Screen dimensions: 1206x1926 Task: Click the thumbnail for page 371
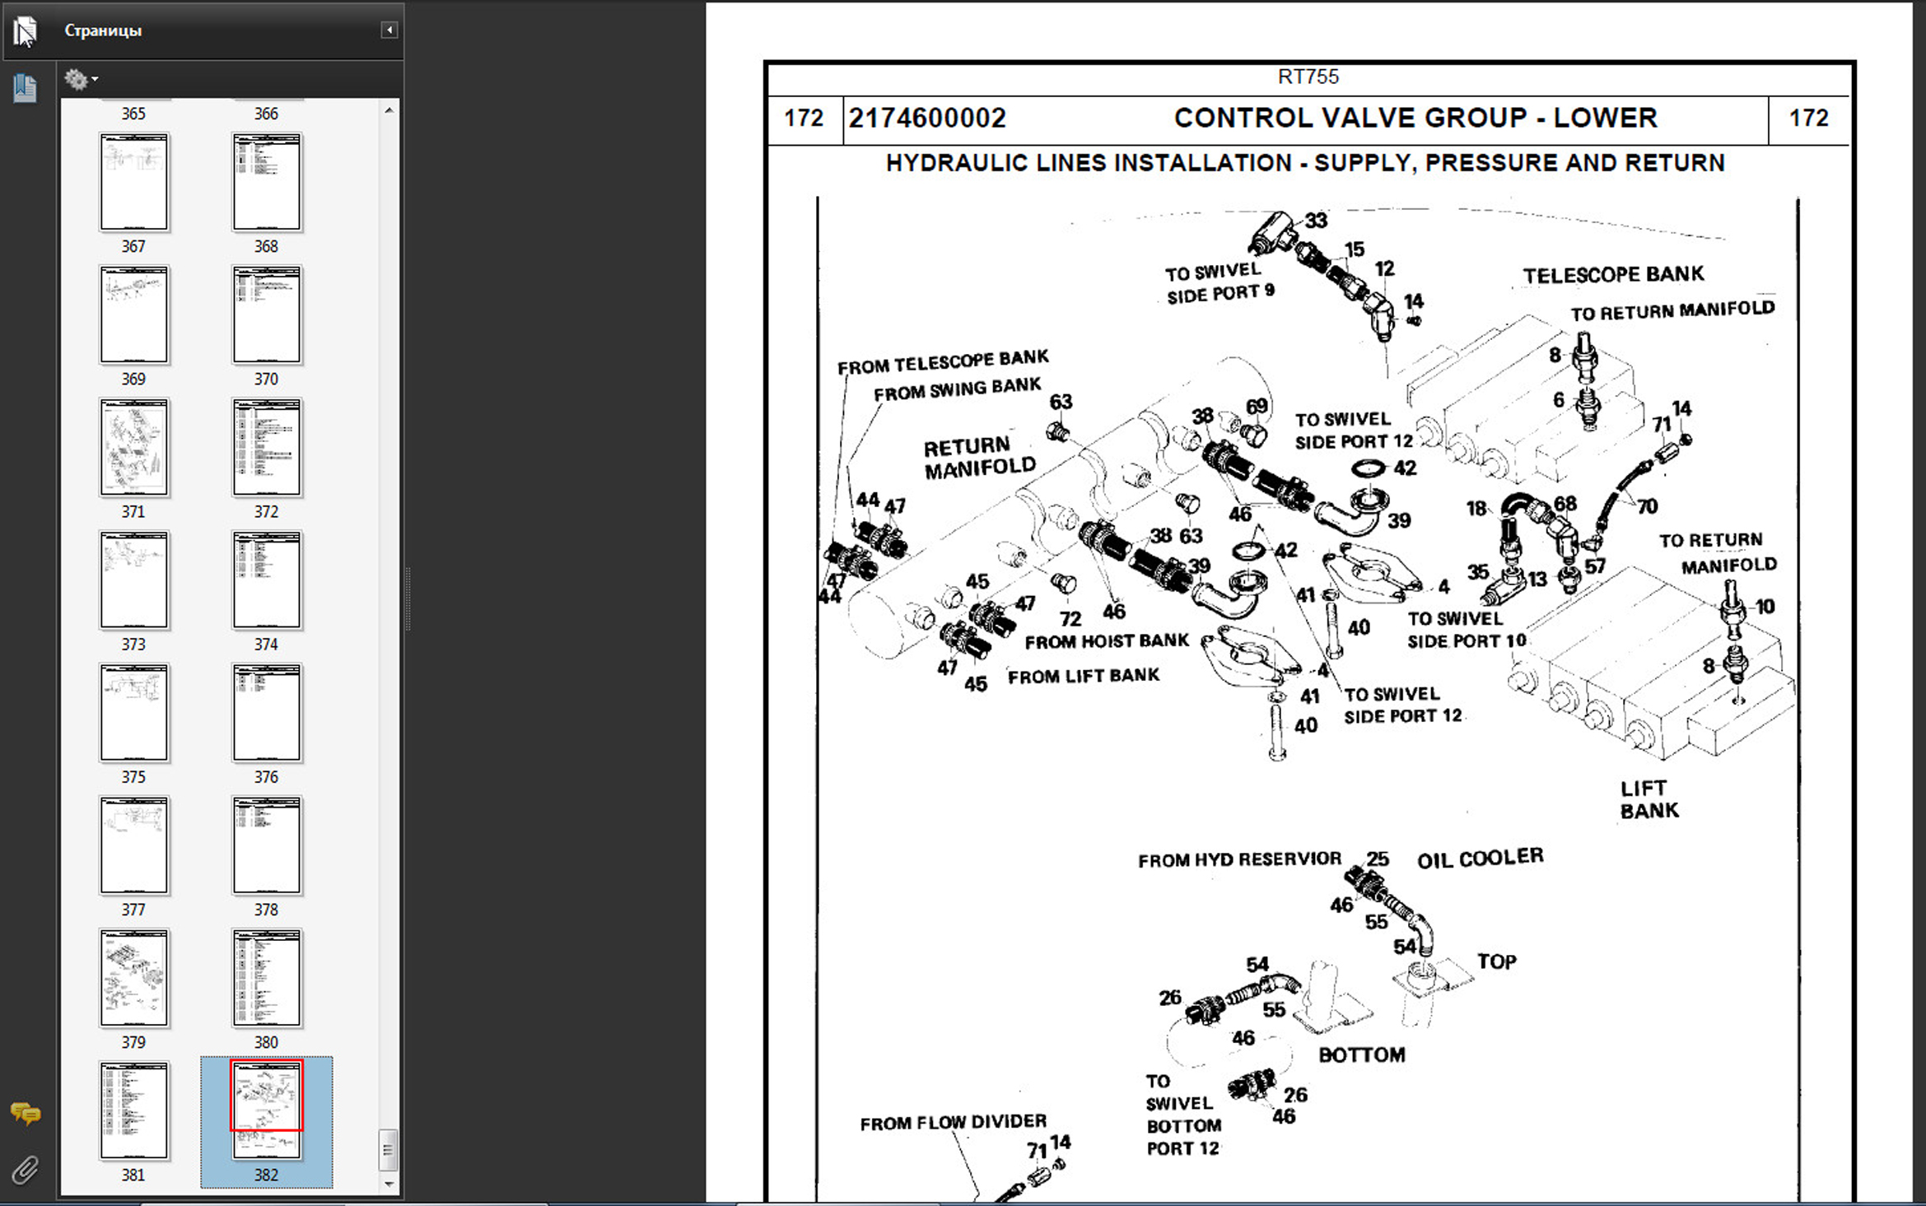pos(133,447)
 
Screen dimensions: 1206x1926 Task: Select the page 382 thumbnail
pos(266,1109)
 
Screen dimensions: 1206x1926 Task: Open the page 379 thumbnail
pos(133,977)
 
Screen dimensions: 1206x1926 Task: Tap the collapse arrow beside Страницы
pos(389,30)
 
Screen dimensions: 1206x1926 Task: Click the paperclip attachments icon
pos(25,1169)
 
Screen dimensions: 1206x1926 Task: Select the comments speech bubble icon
pos(25,1114)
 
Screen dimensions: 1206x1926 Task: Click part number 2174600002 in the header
pos(927,119)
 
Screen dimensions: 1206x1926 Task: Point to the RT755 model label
pos(1308,77)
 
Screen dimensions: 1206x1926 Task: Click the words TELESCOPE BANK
pos(1612,275)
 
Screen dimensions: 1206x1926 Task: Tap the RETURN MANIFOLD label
pos(978,457)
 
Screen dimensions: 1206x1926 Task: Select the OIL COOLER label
pos(1480,859)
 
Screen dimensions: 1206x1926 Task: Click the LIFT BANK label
pos(1649,799)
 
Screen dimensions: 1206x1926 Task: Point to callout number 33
pos(1316,221)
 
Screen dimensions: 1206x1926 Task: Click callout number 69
pos(1257,407)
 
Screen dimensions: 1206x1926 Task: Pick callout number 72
pos(1070,619)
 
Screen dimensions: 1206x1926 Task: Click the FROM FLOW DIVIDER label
pos(953,1123)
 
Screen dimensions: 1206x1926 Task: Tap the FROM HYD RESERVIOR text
pos(1239,860)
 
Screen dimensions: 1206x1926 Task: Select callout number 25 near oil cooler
pos(1378,859)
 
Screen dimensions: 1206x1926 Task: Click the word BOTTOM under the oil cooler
pos(1361,1055)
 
